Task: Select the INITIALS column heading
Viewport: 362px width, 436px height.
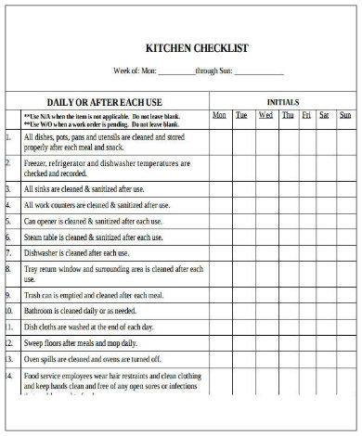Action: click(x=283, y=101)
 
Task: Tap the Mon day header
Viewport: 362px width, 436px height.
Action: click(x=220, y=115)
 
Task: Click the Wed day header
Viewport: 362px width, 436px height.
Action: click(x=265, y=115)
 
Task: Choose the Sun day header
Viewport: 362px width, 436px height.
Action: click(x=344, y=115)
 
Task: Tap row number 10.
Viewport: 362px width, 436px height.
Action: click(x=9, y=311)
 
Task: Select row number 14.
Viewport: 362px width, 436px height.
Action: click(x=9, y=375)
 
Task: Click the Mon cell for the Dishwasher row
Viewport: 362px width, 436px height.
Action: click(x=220, y=252)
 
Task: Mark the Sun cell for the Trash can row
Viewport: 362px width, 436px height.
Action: click(x=344, y=295)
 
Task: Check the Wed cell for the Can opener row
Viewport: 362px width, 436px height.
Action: click(x=265, y=221)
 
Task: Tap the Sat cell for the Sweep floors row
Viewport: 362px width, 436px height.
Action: click(x=324, y=342)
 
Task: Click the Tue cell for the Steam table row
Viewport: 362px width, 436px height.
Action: click(x=242, y=237)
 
